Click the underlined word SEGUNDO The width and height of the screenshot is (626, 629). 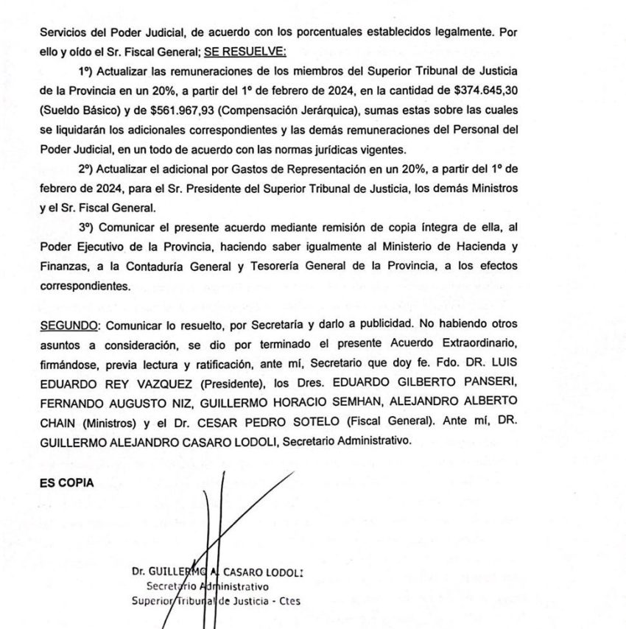(x=67, y=323)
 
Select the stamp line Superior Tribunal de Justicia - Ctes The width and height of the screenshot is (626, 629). (x=216, y=600)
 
